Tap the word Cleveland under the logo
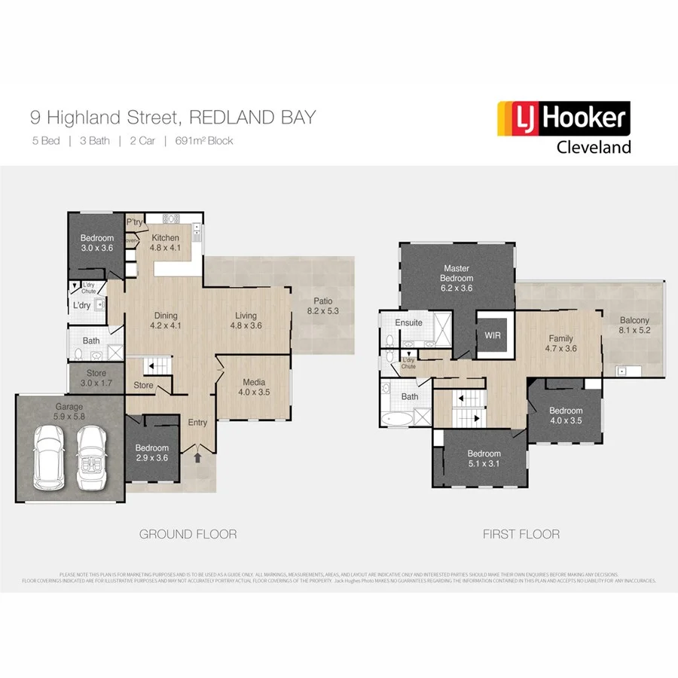click(593, 147)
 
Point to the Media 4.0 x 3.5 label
click(253, 386)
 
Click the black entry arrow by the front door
click(198, 457)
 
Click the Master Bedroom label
click(457, 277)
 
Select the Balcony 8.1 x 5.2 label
click(634, 324)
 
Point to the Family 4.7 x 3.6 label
click(560, 344)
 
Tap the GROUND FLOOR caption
click(188, 534)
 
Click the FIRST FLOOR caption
click(521, 534)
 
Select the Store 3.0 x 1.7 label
click(96, 378)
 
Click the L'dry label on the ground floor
click(81, 305)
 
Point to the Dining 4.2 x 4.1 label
click(166, 321)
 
